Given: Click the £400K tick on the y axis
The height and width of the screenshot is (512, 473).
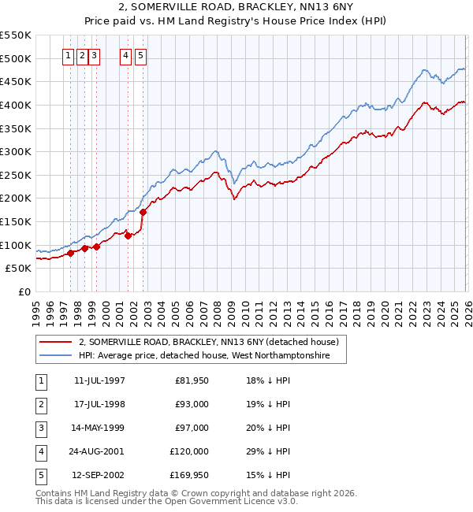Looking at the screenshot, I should pyautogui.click(x=15, y=105).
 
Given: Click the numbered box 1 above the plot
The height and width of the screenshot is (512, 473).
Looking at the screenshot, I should pyautogui.click(x=68, y=56).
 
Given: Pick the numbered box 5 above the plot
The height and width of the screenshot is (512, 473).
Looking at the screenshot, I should pyautogui.click(x=140, y=56).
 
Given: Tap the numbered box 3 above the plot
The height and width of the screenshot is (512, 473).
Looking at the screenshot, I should pyautogui.click(x=94, y=56).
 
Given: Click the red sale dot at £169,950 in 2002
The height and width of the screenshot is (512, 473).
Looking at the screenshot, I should pyautogui.click(x=143, y=212).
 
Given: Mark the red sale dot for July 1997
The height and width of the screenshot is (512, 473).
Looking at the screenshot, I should pyautogui.click(x=70, y=253).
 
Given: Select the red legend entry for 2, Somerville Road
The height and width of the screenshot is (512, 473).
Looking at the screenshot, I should pyautogui.click(x=208, y=342).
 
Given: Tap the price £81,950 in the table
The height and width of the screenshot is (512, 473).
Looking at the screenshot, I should pyautogui.click(x=192, y=380).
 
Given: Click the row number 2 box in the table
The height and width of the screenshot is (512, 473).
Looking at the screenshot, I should pyautogui.click(x=39, y=404).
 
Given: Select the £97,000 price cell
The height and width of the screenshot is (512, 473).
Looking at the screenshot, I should pyautogui.click(x=192, y=428).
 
